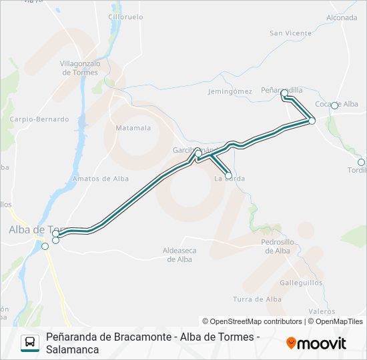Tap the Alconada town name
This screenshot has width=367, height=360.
(342, 17)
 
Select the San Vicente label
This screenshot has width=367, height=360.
(290, 33)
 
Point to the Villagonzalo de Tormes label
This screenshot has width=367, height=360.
(80, 67)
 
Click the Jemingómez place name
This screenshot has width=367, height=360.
(230, 91)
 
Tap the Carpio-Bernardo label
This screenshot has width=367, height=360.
(39, 119)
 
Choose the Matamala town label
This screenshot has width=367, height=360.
(133, 127)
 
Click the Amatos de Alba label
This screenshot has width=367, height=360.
(101, 179)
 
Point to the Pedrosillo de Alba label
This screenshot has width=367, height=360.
(277, 246)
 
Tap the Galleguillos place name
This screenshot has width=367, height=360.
(301, 282)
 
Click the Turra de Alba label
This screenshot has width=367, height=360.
(257, 299)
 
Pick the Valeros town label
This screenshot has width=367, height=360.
(322, 311)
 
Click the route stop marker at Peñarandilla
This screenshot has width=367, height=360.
(284, 93)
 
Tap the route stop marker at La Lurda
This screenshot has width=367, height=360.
(229, 176)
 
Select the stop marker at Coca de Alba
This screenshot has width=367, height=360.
(335, 105)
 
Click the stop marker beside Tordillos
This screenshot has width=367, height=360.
(361, 162)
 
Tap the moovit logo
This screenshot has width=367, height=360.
(316, 343)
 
